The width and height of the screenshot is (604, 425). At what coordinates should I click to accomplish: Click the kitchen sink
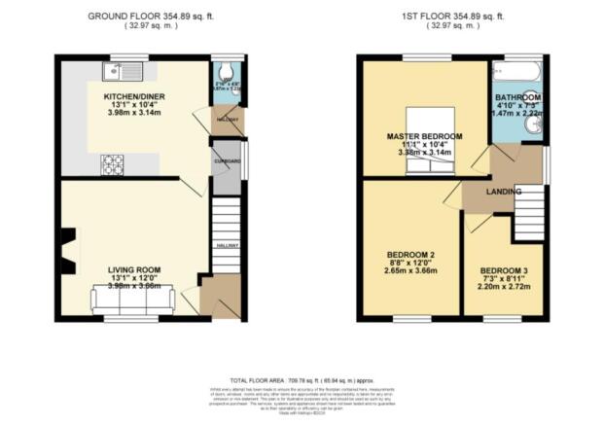click(x=127, y=69)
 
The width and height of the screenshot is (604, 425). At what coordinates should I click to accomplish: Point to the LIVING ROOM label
click(x=134, y=269)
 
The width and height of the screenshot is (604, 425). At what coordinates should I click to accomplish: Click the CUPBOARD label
click(x=227, y=160)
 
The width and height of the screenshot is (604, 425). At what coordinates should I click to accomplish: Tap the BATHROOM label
click(x=516, y=98)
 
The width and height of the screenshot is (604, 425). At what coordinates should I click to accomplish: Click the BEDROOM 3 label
click(x=504, y=269)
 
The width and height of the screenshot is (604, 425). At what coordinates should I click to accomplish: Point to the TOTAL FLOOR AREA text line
click(x=302, y=378)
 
